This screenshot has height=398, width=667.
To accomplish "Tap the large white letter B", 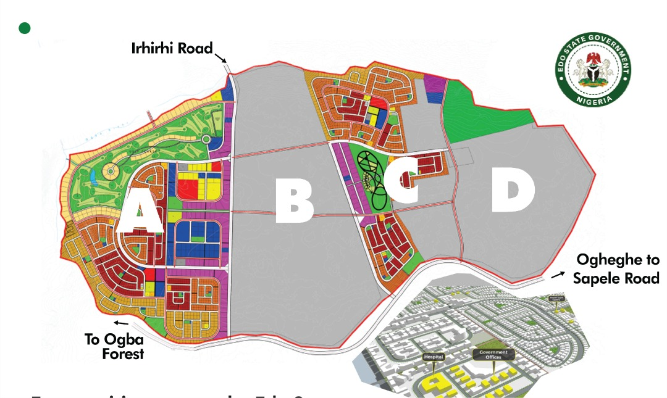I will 295,201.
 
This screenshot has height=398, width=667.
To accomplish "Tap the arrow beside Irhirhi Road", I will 220,59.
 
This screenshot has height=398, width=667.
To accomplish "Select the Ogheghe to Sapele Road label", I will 616,269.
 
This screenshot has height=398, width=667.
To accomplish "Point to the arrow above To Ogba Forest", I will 122,323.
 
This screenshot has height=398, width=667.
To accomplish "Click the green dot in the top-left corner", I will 25,28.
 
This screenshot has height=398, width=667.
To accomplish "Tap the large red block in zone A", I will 189,185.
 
